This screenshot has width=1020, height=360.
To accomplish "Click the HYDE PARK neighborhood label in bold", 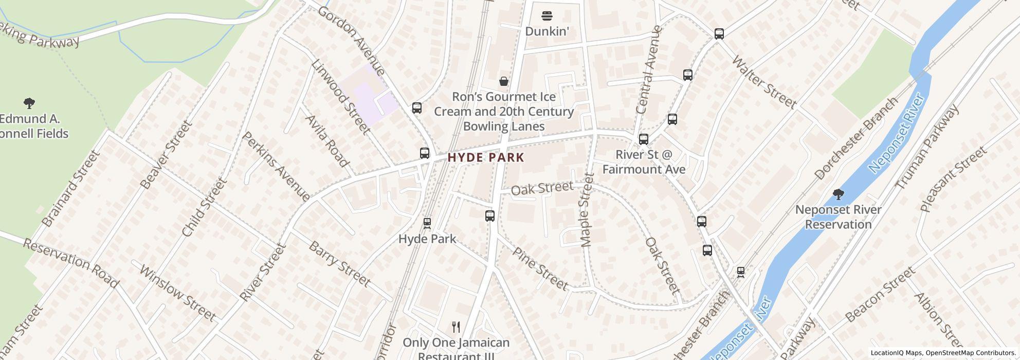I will pyautogui.click(x=486, y=157).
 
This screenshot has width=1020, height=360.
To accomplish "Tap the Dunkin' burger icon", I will pyautogui.click(x=547, y=16).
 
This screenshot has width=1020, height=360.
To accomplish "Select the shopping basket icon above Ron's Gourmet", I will pyautogui.click(x=504, y=81).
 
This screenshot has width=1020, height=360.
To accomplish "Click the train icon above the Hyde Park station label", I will pyautogui.click(x=427, y=223).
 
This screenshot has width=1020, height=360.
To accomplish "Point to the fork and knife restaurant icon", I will pyautogui.click(x=456, y=327).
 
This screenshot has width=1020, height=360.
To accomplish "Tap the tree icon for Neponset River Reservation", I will pyautogui.click(x=838, y=194).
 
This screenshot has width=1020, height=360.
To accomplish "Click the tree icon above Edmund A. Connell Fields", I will pyautogui.click(x=29, y=103).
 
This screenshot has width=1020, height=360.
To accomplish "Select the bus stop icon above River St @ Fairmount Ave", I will pyautogui.click(x=643, y=139).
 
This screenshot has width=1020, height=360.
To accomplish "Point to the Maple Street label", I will pyautogui.click(x=586, y=210).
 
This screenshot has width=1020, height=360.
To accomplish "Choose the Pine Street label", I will pyautogui.click(x=540, y=269).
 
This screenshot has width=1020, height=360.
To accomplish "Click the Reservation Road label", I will pyautogui.click(x=71, y=263).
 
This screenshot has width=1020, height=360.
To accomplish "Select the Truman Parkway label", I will pyautogui.click(x=927, y=147).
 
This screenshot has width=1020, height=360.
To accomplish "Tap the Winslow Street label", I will pyautogui.click(x=177, y=293).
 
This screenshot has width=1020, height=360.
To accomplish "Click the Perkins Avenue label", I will pyautogui.click(x=276, y=166).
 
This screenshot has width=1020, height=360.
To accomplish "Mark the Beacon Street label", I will pyautogui.click(x=880, y=294).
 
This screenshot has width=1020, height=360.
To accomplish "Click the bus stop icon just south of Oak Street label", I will pyautogui.click(x=490, y=216).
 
